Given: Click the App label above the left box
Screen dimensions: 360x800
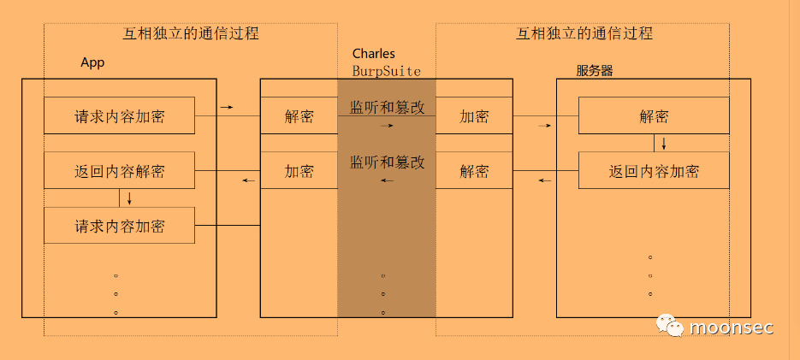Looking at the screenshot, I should point(92,62).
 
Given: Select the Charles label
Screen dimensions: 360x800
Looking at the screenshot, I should point(373,54).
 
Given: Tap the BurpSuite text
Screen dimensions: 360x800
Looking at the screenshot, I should point(386,71).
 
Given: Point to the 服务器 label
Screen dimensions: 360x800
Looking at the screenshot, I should point(595,71).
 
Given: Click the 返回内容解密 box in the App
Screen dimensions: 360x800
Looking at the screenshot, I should point(120,171).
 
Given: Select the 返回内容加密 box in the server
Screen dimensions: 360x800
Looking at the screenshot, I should point(654,171).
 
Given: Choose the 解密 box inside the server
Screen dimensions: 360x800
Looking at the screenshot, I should point(654,116).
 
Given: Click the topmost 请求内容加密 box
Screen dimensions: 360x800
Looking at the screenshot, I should point(120,116).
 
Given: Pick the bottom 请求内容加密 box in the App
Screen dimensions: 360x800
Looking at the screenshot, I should point(120,226).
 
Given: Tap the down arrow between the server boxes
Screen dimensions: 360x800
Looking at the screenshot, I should point(663,143).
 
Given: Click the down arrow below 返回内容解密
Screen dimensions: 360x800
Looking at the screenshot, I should point(129,198).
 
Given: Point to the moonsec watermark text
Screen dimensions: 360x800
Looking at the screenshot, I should point(731,328).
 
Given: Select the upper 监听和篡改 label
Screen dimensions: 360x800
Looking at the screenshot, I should point(387,107).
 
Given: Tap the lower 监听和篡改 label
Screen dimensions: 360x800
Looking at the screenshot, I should point(387,162).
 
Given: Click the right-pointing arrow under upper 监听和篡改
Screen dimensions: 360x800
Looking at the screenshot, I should point(387,126).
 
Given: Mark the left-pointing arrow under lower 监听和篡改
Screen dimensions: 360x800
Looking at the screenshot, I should point(387,180).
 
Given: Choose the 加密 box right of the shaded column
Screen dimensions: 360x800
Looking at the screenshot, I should point(474,116).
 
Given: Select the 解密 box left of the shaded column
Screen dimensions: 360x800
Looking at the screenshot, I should point(299,116).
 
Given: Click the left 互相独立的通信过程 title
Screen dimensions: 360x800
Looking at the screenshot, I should point(191,35).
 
